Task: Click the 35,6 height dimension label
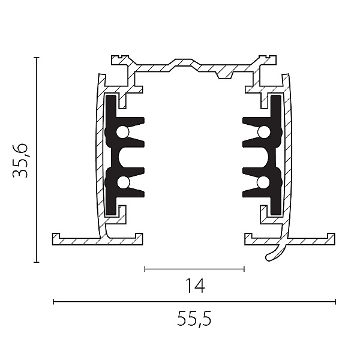coord(20,161)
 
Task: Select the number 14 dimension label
coord(194,286)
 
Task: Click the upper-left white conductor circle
coord(122,132)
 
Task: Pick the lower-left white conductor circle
coord(124,182)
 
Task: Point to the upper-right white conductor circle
coord(263,132)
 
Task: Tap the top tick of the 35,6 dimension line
coord(36,57)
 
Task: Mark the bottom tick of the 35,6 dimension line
coord(36,262)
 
